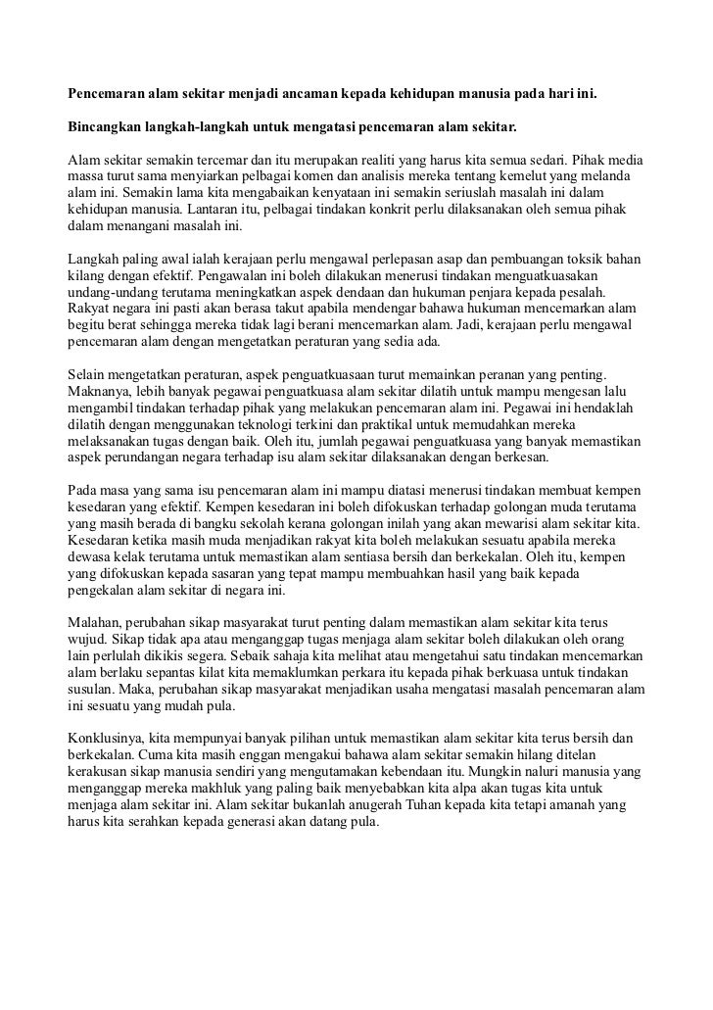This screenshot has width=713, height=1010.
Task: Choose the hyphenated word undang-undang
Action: point(111,293)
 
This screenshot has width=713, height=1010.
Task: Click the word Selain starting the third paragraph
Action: point(86,376)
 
